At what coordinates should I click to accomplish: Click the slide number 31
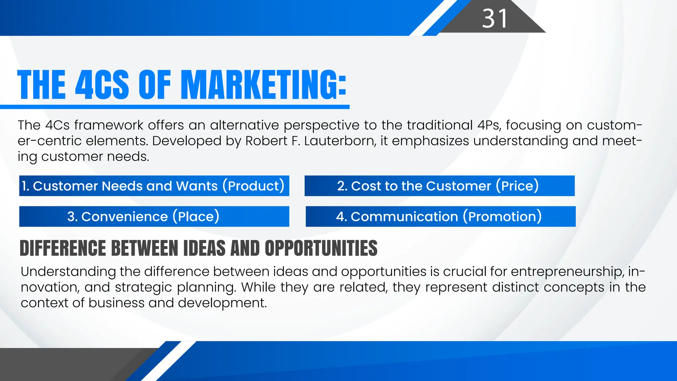pos(495,19)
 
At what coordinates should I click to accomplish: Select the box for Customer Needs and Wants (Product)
pos(154,186)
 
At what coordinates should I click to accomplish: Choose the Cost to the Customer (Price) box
pos(439,186)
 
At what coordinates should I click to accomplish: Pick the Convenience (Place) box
pos(154,217)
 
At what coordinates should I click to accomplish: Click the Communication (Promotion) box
pos(440,217)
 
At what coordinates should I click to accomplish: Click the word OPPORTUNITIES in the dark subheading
pos(321,248)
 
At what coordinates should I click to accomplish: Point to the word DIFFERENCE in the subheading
pos(63,248)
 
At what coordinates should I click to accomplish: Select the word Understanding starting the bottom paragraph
pos(68,272)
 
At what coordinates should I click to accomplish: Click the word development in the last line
pos(222,303)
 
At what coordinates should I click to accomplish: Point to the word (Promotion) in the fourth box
pos(502,217)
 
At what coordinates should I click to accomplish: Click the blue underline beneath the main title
pos(175,107)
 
